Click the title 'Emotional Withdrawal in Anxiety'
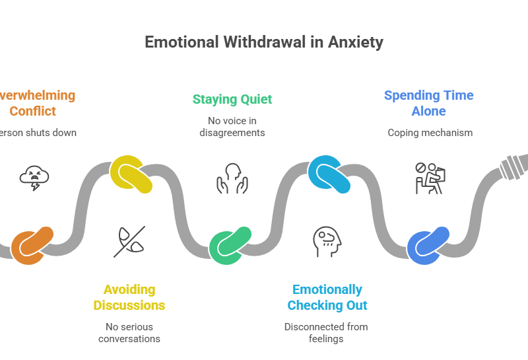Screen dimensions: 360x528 (x=264, y=42)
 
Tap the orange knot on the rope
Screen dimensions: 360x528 (x=32, y=245)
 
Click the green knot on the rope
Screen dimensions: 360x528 (x=230, y=245)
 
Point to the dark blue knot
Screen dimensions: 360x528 (x=428, y=245)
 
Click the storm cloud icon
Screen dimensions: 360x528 (x=34, y=178)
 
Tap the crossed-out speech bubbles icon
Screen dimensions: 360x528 (x=129, y=241)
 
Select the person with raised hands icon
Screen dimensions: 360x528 (x=232, y=178)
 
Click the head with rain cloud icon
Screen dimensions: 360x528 (x=327, y=241)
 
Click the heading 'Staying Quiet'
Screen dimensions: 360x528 (x=232, y=100)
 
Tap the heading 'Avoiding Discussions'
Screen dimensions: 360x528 (x=129, y=297)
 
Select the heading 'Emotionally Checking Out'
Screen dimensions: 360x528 (x=327, y=297)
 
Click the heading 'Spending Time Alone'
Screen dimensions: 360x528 (x=429, y=103)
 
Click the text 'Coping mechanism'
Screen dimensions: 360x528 (x=430, y=133)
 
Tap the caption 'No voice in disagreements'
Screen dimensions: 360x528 (x=232, y=126)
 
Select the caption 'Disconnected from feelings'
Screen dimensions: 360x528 (x=327, y=332)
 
